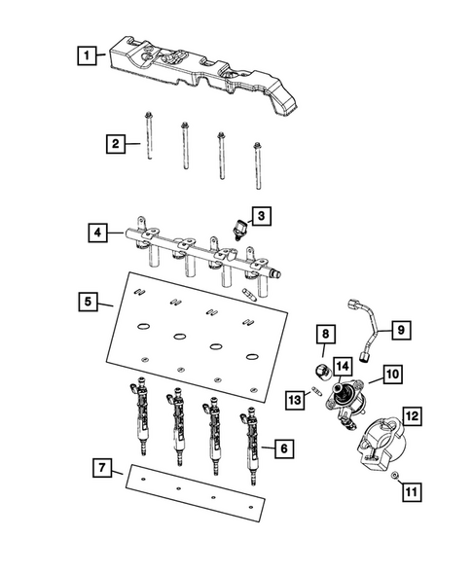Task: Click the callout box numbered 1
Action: (89, 55)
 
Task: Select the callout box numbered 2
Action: (115, 144)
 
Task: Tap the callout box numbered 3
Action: (261, 214)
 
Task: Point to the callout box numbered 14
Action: (342, 366)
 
